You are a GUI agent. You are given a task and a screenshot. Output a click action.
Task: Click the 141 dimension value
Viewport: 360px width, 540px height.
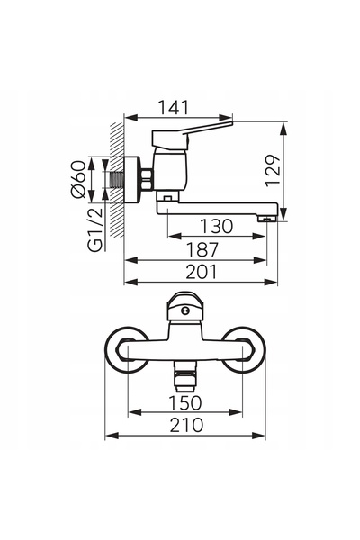pos(174,107)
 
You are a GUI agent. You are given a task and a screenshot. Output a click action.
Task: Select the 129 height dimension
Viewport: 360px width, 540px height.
pos(274,171)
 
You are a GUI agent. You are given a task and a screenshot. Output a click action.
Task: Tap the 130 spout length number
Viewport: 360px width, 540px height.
pos(217,226)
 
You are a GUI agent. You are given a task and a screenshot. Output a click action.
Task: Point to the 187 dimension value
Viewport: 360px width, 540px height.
pos(202,249)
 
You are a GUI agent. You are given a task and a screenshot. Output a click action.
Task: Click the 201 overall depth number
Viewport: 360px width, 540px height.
pos(202,272)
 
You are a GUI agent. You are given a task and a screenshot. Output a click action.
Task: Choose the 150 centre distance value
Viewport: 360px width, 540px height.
pos(185,403)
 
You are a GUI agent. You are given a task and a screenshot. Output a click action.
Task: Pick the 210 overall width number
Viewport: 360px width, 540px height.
pos(186,426)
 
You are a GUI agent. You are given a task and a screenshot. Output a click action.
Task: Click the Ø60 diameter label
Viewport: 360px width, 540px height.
pos(78,179)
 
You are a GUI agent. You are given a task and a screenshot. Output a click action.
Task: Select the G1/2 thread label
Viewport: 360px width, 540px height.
pos(95,229)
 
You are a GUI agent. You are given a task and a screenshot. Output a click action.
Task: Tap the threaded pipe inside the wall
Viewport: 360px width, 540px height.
pos(116,180)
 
